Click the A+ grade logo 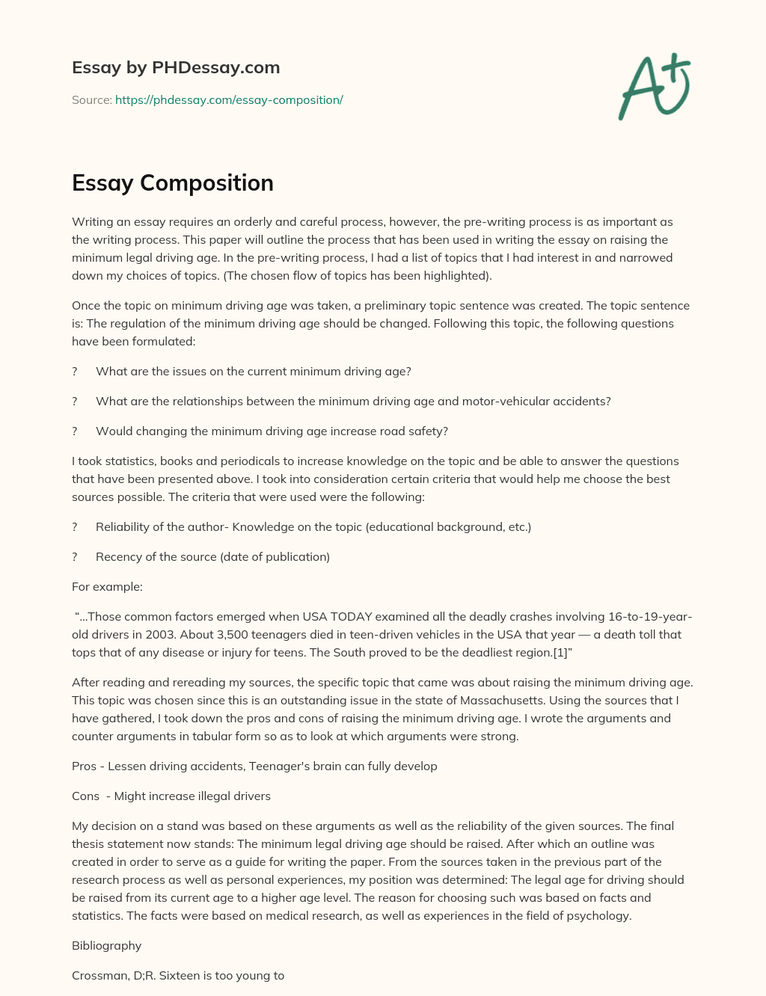[x=654, y=86]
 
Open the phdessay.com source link [x=229, y=100]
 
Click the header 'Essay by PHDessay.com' [x=176, y=68]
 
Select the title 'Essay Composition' [x=173, y=183]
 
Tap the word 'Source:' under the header [x=91, y=100]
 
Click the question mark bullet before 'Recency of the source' [x=75, y=557]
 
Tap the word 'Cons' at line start [x=85, y=796]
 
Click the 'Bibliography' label [x=106, y=946]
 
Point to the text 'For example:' [x=107, y=587]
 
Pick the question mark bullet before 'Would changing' [x=75, y=431]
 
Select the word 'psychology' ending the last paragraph [x=599, y=916]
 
